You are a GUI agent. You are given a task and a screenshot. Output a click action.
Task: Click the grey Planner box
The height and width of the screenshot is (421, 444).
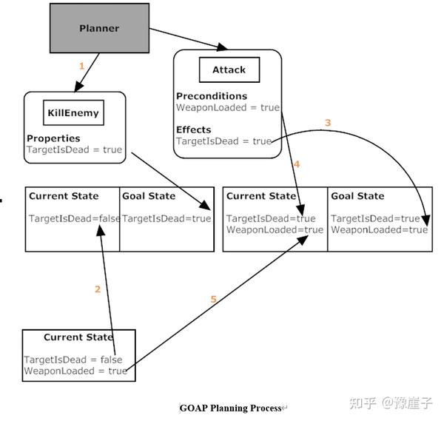coord(99,29)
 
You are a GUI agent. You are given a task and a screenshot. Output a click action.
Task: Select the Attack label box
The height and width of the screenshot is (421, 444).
coord(228,70)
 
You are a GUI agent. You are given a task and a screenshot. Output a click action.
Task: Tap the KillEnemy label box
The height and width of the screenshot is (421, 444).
coord(72,113)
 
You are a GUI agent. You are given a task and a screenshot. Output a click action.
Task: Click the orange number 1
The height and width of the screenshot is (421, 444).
coord(81,66)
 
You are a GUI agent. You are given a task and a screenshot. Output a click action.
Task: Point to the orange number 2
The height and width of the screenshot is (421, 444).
coord(97,289)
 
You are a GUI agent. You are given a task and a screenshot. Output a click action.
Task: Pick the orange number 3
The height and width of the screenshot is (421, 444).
coord(328,122)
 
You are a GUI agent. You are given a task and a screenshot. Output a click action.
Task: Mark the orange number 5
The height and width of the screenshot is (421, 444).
coord(214,300)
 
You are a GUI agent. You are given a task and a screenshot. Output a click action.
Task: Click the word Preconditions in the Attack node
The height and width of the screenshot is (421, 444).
coord(211,96)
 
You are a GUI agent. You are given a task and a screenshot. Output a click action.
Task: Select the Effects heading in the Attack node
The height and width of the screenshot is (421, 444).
coord(193,129)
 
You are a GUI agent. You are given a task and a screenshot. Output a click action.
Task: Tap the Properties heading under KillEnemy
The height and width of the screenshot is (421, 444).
coord(53,138)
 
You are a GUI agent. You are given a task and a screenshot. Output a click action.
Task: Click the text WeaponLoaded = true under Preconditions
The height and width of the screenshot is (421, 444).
coord(227,108)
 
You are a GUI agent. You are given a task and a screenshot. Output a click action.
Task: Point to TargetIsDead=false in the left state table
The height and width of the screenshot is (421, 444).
coord(73,218)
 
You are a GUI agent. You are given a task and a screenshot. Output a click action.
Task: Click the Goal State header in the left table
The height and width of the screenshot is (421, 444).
coord(149,196)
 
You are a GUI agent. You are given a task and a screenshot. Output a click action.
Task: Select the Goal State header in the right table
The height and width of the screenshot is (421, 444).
coord(357,196)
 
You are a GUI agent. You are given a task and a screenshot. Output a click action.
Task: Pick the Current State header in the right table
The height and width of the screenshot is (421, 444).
coord(260,196)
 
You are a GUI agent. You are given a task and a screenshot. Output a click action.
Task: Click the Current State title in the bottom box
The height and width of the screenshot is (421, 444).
coord(78,337)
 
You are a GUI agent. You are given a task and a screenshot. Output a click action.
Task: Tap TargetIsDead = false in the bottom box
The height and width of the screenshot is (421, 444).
coord(73,360)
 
